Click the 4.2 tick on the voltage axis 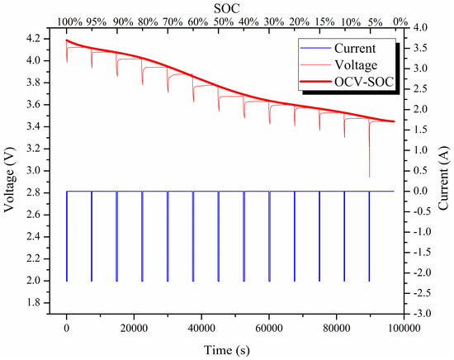[x=36, y=39]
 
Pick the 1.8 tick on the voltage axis [x=36, y=303]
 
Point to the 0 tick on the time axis [x=67, y=327]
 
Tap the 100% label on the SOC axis [x=70, y=20]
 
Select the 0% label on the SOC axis [x=402, y=20]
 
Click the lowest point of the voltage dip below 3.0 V [x=369, y=176]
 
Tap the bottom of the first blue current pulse [x=67, y=281]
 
